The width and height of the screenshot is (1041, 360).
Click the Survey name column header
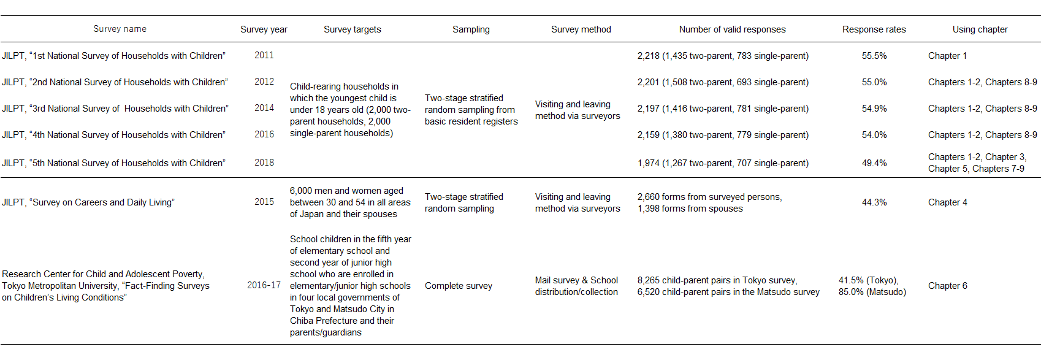(x=120, y=29)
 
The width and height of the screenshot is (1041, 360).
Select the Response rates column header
(x=874, y=29)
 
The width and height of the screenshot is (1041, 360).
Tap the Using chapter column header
(x=980, y=29)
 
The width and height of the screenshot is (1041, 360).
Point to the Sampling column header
(x=471, y=29)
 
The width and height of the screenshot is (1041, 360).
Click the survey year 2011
(x=264, y=55)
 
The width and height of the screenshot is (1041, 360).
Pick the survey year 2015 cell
(x=264, y=201)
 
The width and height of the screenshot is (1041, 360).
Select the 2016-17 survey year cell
(x=264, y=285)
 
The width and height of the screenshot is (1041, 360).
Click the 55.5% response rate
(x=874, y=56)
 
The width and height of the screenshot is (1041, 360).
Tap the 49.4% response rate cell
(x=874, y=163)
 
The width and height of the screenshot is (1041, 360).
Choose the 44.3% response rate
(x=874, y=202)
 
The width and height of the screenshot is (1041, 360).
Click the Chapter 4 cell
(x=948, y=202)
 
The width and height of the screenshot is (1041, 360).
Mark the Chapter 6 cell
(x=948, y=286)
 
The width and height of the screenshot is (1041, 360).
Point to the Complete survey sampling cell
(x=458, y=286)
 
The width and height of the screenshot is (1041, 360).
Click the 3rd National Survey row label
(x=115, y=109)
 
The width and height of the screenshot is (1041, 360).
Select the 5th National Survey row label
(x=114, y=163)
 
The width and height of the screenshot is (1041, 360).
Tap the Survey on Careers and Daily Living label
(x=88, y=202)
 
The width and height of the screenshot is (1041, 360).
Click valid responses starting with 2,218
(x=723, y=56)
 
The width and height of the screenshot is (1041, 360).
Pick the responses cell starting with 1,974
(x=723, y=163)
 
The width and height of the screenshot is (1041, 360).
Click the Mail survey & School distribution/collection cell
(x=576, y=286)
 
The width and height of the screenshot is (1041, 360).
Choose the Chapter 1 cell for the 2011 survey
(x=948, y=56)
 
